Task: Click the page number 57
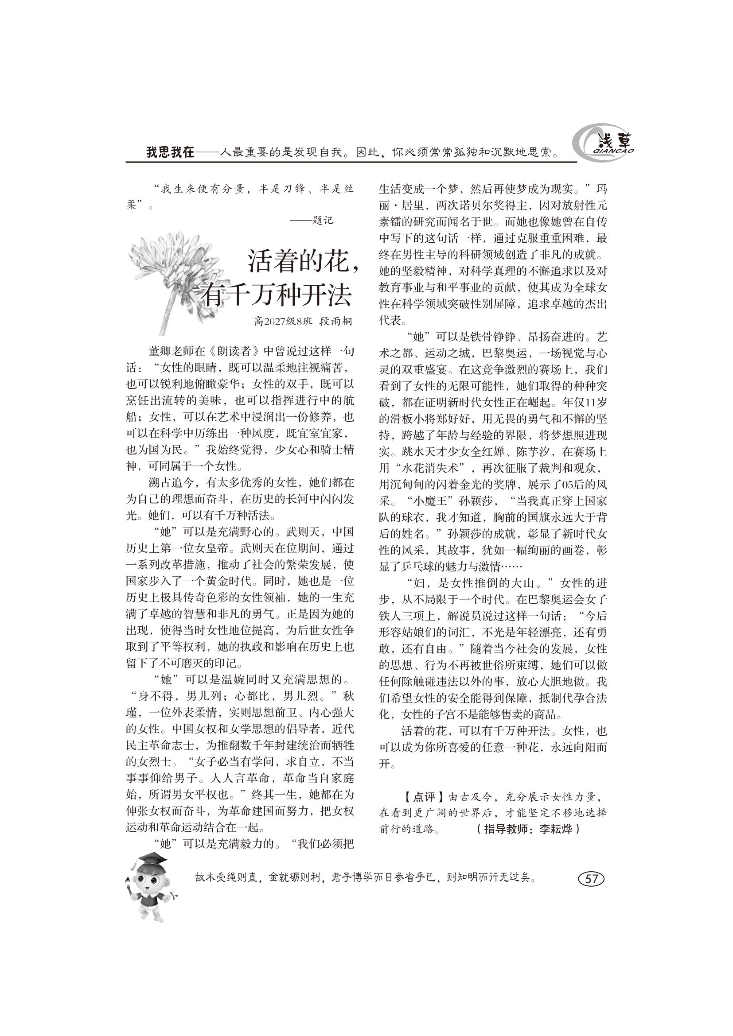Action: point(591,878)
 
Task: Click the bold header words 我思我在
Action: point(170,152)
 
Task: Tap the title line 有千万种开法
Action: point(277,295)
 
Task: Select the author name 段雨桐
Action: point(335,321)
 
